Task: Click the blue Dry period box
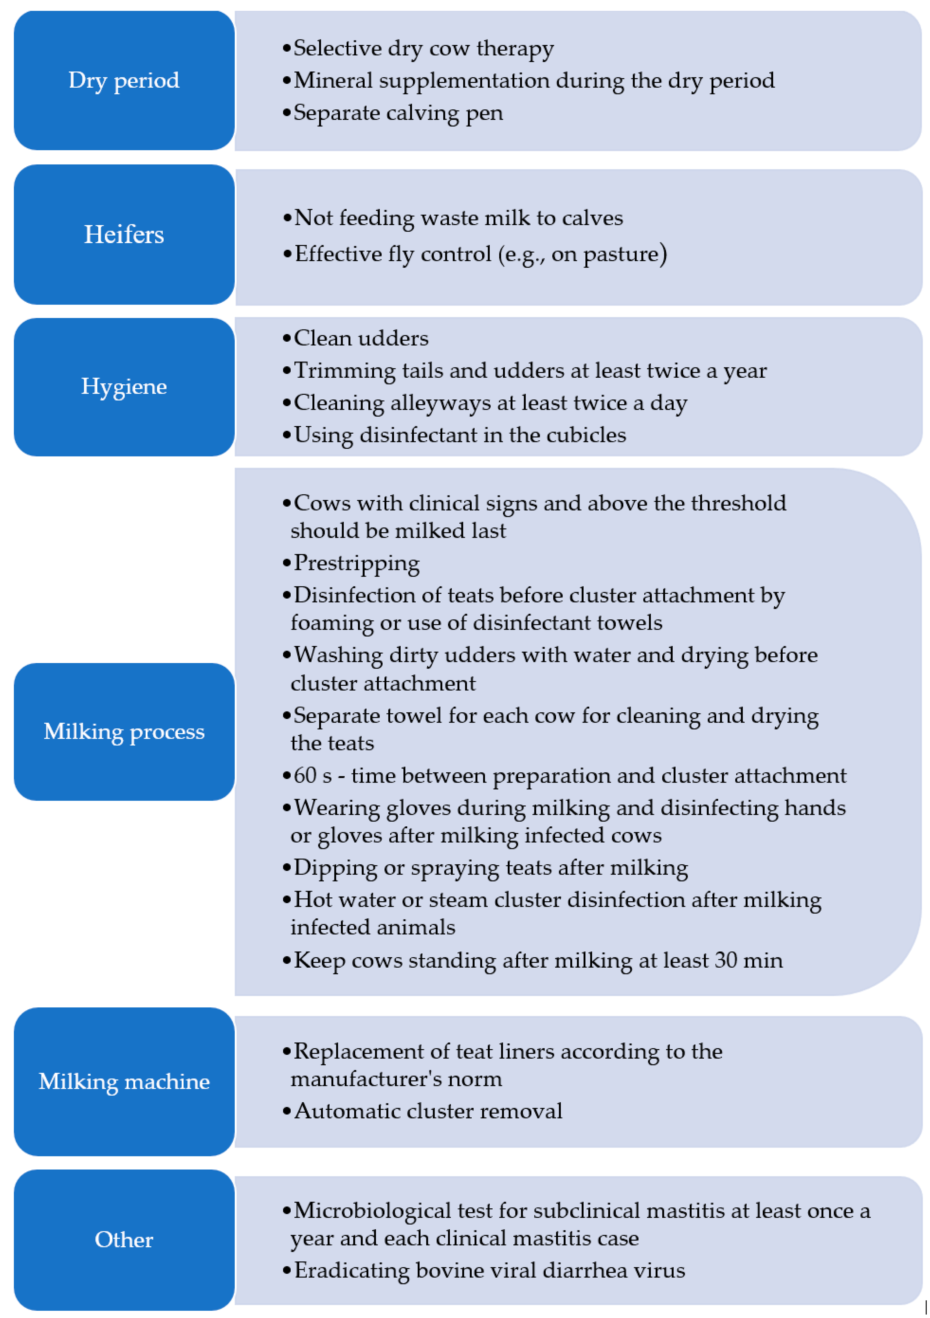pos(124,80)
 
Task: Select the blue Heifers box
pos(124,234)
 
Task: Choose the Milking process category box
pos(124,731)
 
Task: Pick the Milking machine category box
pos(124,1082)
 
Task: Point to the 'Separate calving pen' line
pos(398,113)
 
